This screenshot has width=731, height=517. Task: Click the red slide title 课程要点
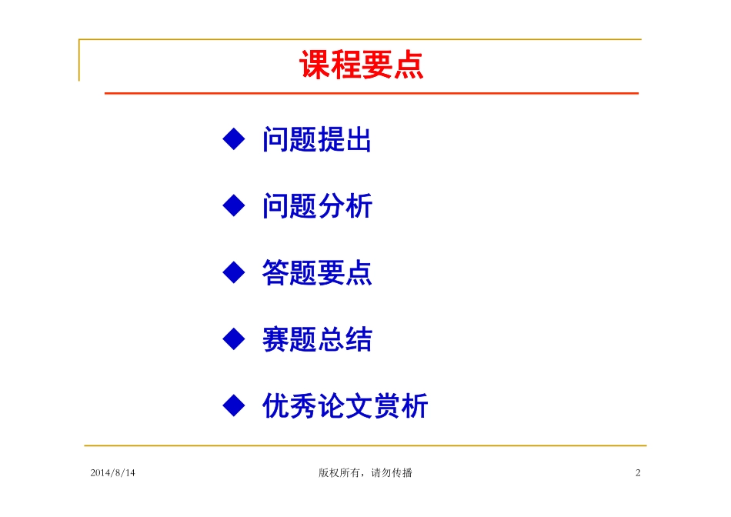point(361,65)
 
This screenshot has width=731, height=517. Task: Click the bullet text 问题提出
point(317,140)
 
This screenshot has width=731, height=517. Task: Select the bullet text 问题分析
point(317,206)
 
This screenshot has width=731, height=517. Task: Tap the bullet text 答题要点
point(317,272)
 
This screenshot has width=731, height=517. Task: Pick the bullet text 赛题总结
point(317,339)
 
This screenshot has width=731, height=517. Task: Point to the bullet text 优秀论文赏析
point(345,405)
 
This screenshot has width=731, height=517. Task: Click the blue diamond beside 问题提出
point(233,139)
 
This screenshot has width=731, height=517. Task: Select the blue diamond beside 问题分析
point(233,205)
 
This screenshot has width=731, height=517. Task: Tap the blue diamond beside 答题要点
point(233,272)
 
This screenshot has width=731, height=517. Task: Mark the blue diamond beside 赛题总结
point(233,339)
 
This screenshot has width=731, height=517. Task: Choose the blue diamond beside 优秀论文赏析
point(233,405)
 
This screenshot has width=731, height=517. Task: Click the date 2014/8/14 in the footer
point(112,473)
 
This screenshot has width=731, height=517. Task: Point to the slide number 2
point(638,473)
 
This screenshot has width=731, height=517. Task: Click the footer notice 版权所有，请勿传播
point(365,473)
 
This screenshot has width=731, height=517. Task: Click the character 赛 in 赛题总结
point(275,339)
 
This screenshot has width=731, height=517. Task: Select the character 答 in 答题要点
point(275,272)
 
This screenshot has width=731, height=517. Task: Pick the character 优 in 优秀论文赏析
point(275,405)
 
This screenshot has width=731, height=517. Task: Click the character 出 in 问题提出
point(359,140)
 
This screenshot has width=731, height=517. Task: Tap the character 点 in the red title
point(408,65)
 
